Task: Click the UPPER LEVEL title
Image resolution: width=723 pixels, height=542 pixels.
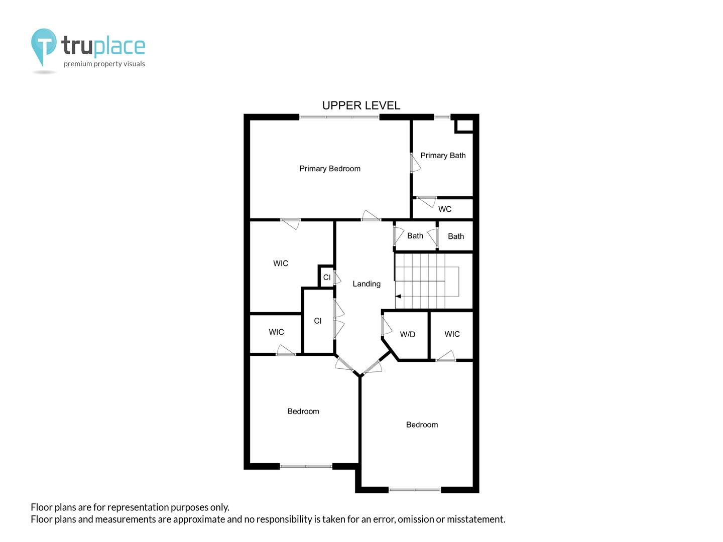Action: (361, 105)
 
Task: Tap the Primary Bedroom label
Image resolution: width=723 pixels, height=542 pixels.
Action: (330, 169)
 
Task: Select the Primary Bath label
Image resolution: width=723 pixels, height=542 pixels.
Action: (443, 156)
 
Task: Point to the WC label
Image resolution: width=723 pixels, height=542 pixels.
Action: (445, 209)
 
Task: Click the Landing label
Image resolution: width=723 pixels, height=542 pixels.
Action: (367, 284)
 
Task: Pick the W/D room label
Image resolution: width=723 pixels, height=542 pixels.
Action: (408, 334)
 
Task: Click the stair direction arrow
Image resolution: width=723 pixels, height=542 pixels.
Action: (398, 296)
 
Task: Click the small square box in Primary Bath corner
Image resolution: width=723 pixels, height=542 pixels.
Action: (464, 125)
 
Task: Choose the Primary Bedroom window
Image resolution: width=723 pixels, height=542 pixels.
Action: (339, 117)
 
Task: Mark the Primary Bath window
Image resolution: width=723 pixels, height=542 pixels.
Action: (442, 117)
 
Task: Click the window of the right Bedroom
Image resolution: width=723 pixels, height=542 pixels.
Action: (414, 490)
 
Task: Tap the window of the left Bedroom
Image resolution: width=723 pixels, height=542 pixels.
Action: (306, 466)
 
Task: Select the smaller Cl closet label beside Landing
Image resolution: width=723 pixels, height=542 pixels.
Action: (327, 278)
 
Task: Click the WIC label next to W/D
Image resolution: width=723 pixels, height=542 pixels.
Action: (452, 334)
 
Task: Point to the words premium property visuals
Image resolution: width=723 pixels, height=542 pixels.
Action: (104, 64)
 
